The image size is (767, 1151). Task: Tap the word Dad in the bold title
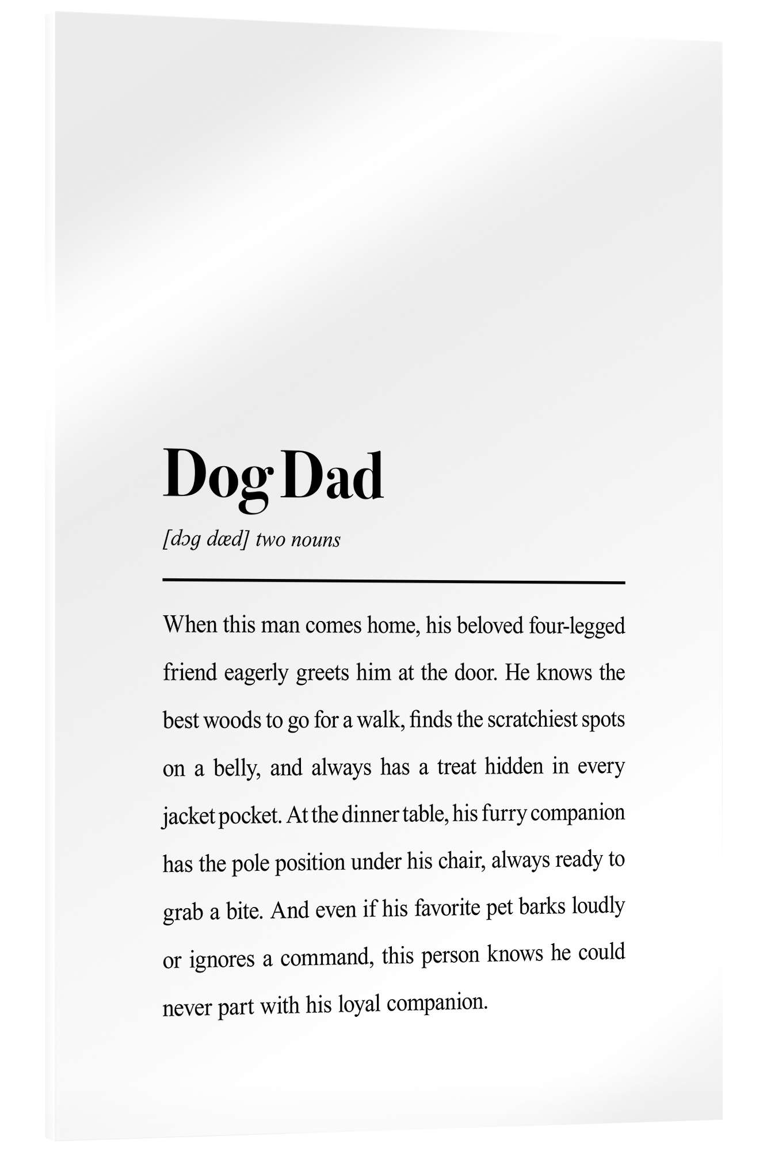tap(333, 475)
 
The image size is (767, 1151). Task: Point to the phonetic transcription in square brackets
tap(206, 540)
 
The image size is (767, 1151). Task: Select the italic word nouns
tap(315, 540)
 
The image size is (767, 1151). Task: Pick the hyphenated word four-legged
tap(577, 626)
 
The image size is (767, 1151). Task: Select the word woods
tap(232, 721)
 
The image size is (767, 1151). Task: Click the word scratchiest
tap(532, 720)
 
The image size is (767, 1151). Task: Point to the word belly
tap(236, 768)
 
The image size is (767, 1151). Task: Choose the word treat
tap(457, 767)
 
